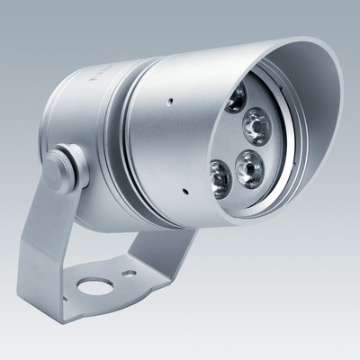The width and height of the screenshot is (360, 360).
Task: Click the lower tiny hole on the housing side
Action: click(x=182, y=191)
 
